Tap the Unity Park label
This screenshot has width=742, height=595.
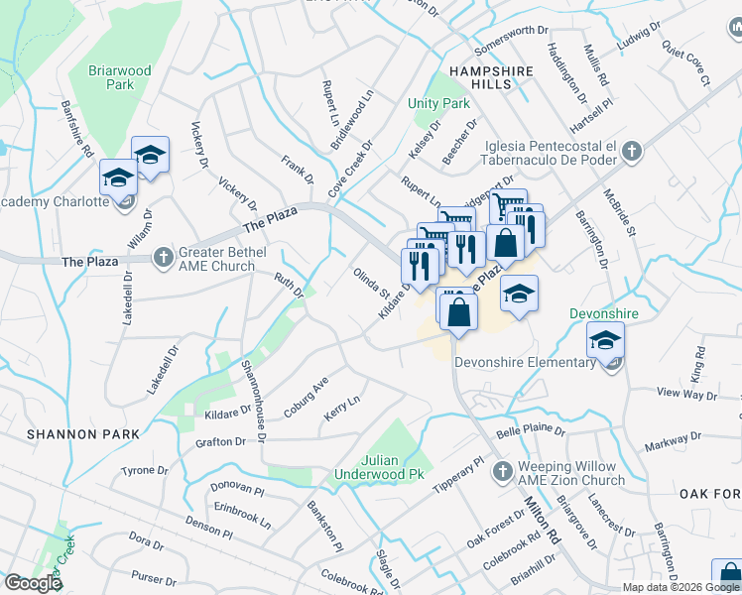click(438, 103)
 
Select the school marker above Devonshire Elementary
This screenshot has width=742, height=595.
click(605, 341)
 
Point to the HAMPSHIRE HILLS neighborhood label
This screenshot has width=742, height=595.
click(491, 77)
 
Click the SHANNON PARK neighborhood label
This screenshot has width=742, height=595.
click(62, 434)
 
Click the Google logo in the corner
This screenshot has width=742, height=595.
click(33, 582)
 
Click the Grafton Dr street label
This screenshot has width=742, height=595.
click(220, 442)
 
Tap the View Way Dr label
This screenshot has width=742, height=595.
click(686, 395)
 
